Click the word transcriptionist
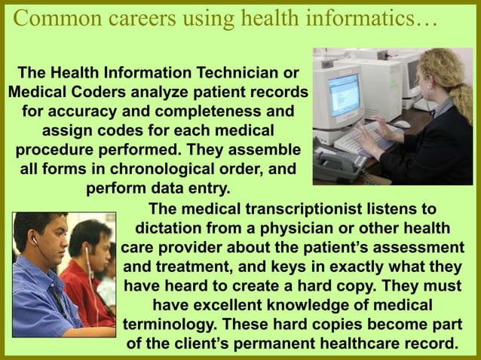click(319, 208)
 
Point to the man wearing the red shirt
click(88, 271)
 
